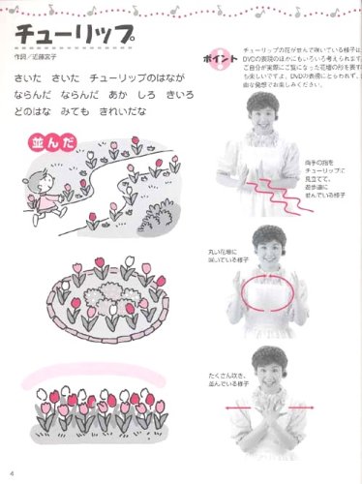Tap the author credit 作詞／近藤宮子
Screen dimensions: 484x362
pos(43,57)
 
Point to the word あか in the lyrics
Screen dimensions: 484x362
pos(117,95)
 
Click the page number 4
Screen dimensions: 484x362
pos(8,472)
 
